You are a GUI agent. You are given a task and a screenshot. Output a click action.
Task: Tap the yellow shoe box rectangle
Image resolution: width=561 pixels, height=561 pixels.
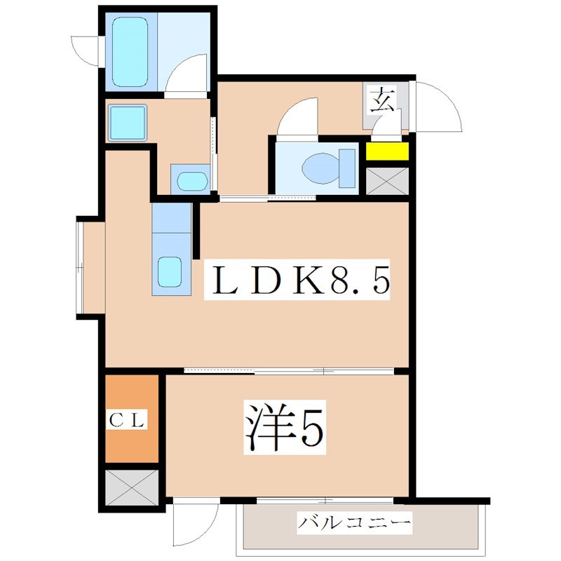point(388,151)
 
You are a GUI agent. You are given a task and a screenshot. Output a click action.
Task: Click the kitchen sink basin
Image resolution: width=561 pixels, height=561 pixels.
point(170,271)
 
